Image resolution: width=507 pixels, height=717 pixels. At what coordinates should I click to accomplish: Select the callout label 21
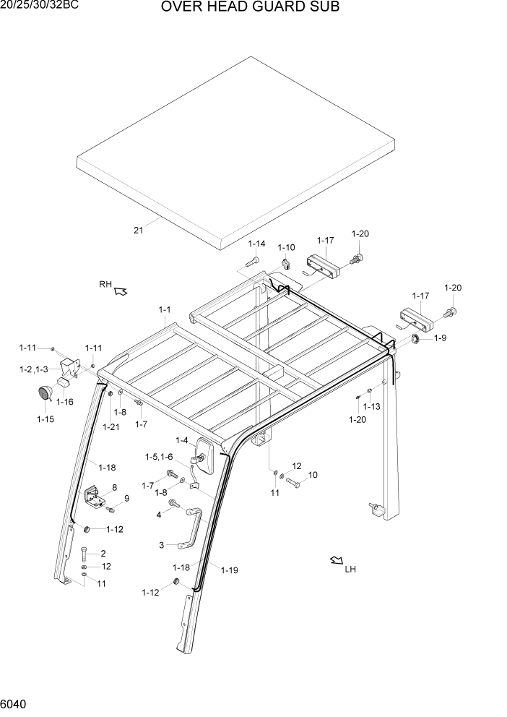(139, 231)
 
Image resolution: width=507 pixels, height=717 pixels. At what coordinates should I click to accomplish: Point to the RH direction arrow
(121, 291)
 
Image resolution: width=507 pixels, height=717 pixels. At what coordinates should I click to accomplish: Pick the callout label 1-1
(165, 310)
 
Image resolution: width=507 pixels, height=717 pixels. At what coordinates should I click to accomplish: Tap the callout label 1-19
(229, 570)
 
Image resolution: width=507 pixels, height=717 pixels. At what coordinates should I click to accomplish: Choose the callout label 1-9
(440, 338)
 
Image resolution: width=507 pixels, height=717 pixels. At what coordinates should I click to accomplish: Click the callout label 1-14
(257, 244)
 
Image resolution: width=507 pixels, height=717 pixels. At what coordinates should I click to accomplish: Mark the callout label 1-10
(286, 248)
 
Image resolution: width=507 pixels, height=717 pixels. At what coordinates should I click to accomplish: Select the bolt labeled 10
(292, 481)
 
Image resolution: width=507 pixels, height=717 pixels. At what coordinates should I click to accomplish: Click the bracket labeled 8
(94, 497)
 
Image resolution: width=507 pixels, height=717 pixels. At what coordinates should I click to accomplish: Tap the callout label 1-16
(65, 401)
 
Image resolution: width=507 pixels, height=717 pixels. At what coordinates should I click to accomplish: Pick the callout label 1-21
(110, 427)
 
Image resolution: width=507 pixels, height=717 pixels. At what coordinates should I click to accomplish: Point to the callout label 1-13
(371, 406)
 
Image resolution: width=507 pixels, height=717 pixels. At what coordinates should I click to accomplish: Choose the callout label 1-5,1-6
(159, 457)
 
